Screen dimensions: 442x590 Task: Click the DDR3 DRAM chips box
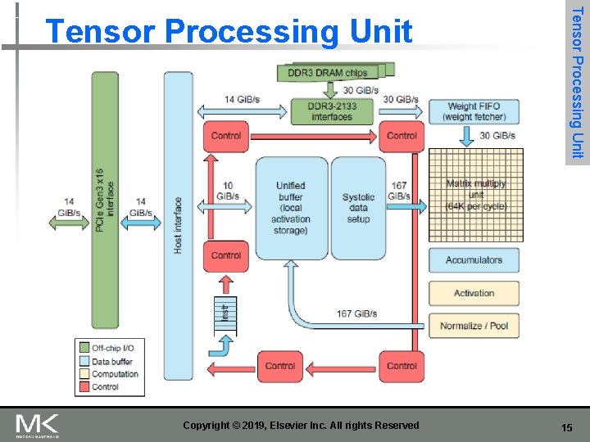click(328, 73)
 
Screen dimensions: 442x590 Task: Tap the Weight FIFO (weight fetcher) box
click(474, 111)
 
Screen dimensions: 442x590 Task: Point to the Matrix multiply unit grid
click(474, 196)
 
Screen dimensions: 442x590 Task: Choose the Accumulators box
click(474, 260)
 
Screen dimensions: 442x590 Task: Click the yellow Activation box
click(474, 293)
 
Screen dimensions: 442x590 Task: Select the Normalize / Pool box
click(474, 326)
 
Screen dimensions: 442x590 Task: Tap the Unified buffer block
click(291, 208)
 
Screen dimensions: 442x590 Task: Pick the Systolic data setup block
click(358, 208)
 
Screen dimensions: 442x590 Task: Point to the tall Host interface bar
click(178, 225)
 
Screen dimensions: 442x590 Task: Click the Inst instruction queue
click(224, 313)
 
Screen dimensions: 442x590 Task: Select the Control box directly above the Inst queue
click(225, 256)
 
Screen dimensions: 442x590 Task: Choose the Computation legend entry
click(115, 374)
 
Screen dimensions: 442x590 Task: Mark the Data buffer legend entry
click(112, 361)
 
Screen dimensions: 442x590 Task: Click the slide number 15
click(565, 427)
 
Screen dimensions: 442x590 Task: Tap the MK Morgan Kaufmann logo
click(37, 426)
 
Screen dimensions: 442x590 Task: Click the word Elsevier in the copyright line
click(308, 425)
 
